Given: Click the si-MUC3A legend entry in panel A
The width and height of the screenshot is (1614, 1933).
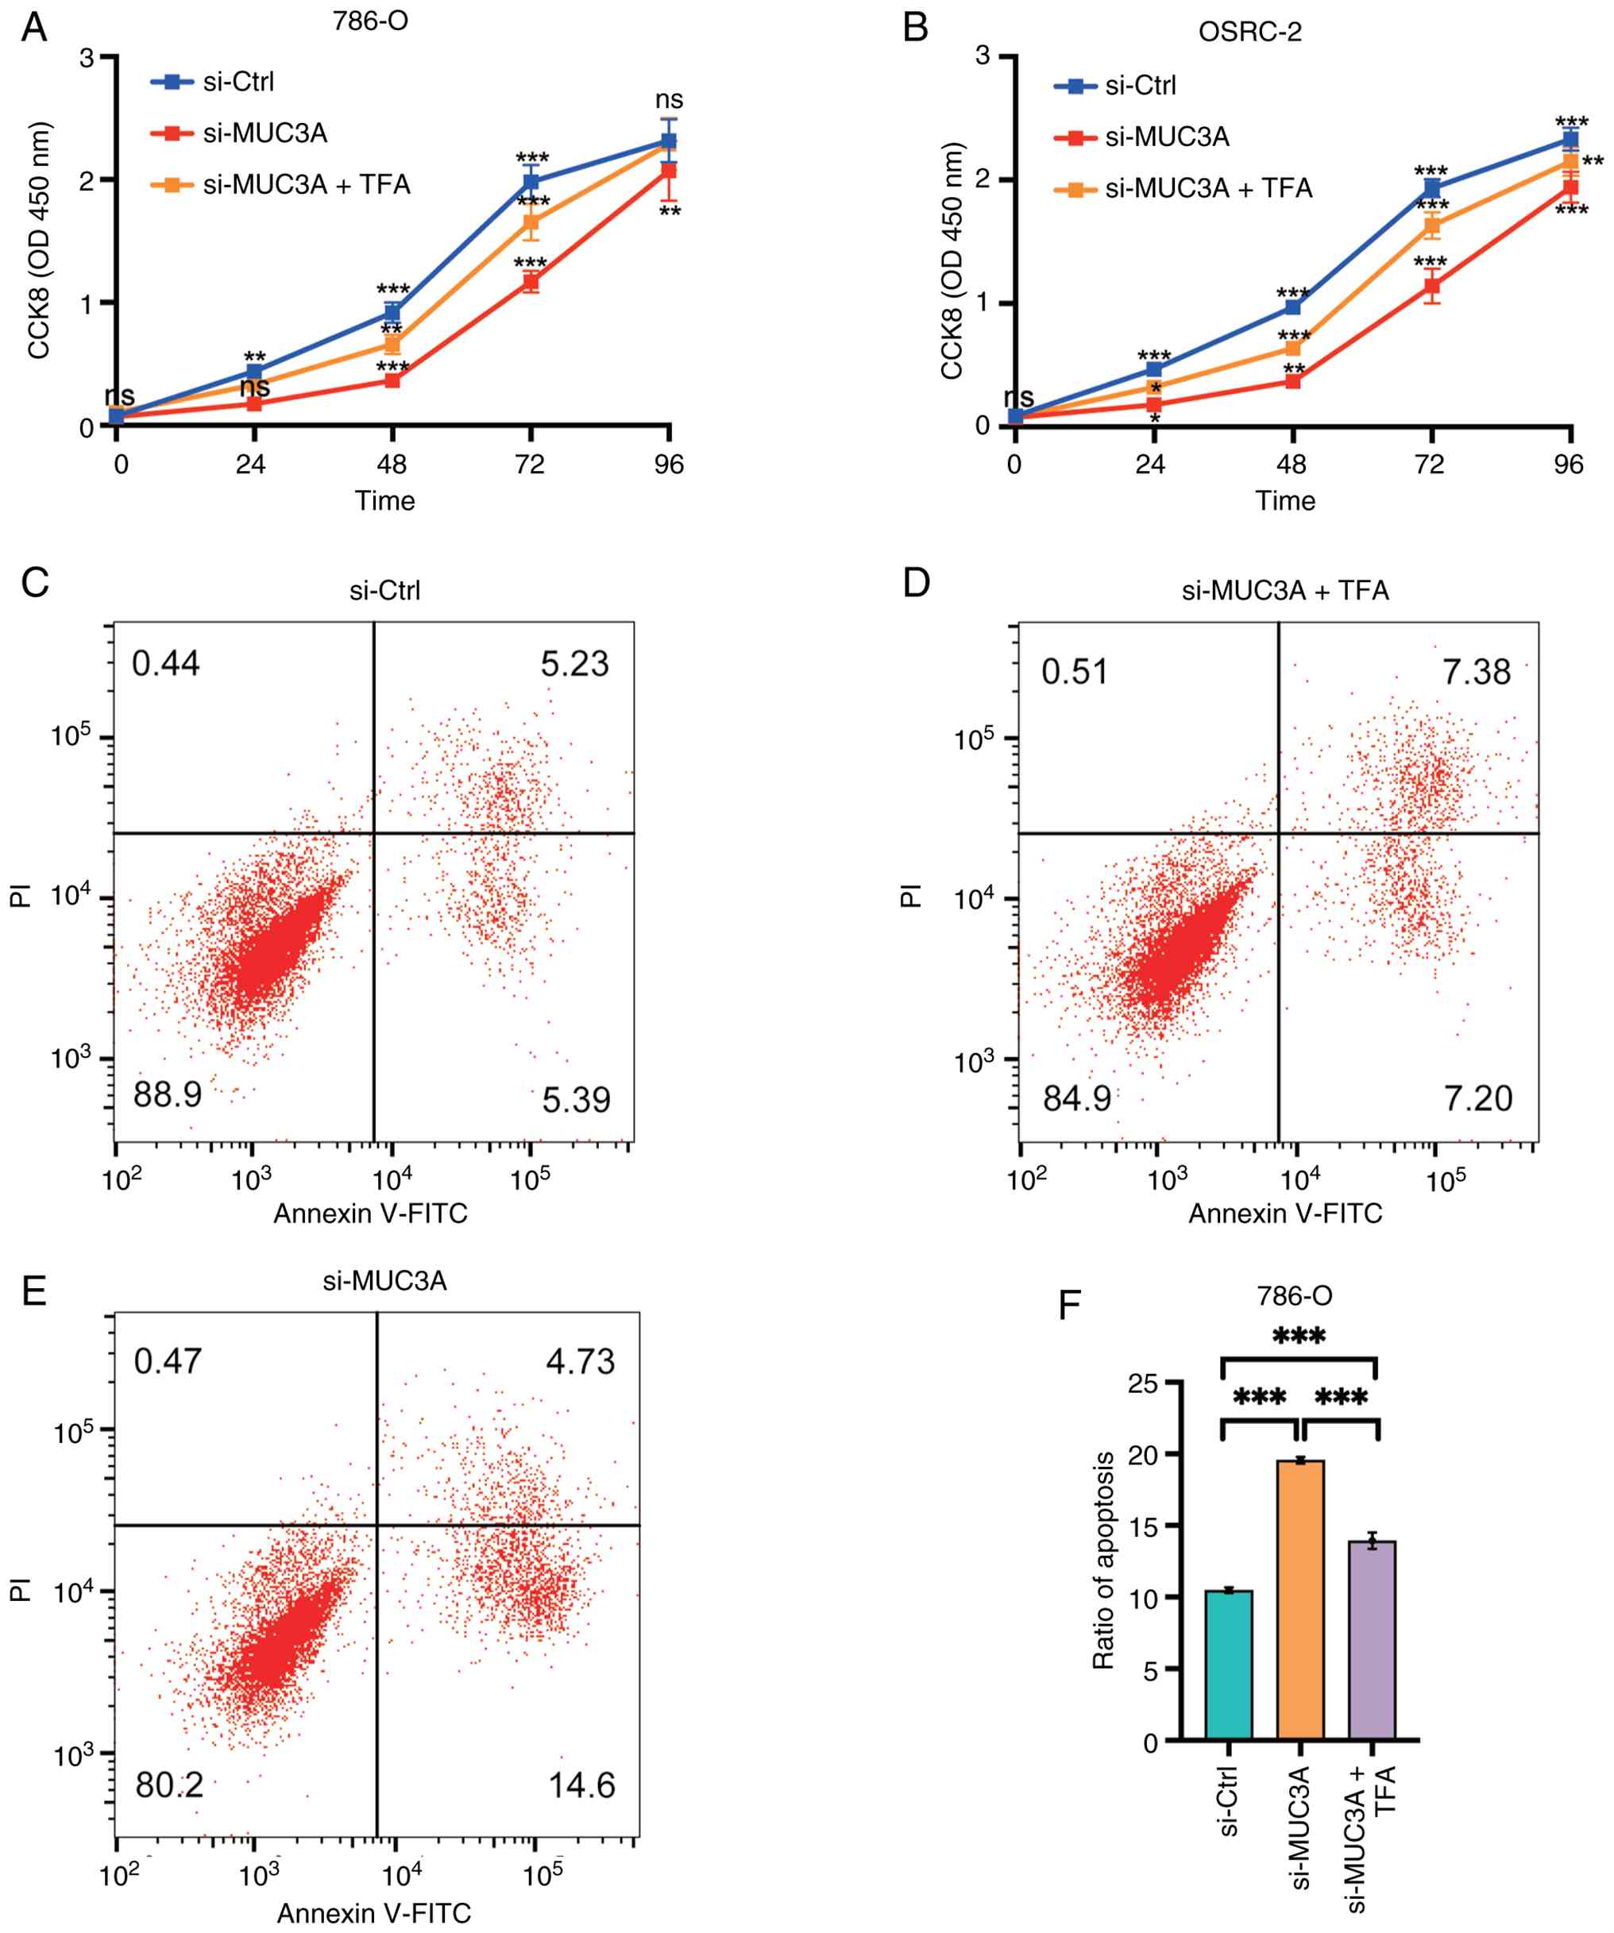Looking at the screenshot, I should [x=264, y=133].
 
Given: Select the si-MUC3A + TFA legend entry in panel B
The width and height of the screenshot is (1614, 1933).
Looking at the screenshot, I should [x=1207, y=189].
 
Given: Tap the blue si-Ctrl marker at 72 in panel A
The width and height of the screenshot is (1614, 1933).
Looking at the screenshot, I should [x=531, y=181].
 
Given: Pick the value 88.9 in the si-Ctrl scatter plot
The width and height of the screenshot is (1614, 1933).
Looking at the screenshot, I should [x=167, y=1094].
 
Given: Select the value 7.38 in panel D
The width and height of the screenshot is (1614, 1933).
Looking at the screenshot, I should [x=1476, y=672].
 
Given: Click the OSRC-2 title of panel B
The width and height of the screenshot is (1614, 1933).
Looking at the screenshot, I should [x=1249, y=33].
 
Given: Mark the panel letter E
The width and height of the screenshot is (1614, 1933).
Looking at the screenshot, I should [x=34, y=1291].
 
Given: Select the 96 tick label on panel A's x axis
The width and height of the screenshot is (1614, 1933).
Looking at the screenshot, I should [x=670, y=464].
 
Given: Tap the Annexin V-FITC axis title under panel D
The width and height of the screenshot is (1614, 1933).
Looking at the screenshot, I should [x=1285, y=1213].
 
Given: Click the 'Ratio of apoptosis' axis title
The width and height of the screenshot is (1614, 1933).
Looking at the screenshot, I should [x=1103, y=1561].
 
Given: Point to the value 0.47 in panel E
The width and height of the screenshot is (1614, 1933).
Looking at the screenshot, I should [x=168, y=1361].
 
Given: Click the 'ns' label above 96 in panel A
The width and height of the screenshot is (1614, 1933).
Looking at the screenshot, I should [x=670, y=99].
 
